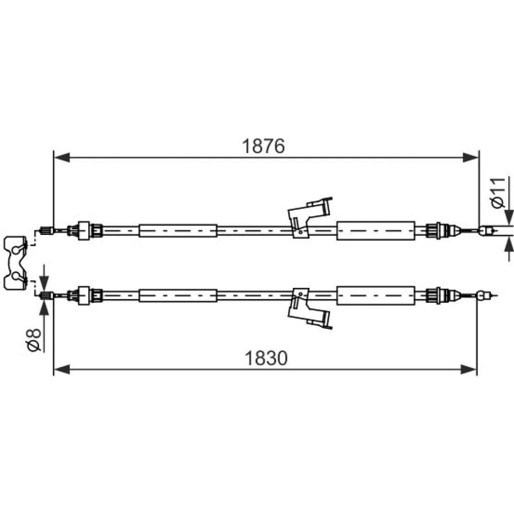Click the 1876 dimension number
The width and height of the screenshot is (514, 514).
tap(263, 146)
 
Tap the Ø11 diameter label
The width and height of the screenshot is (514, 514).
tap(498, 193)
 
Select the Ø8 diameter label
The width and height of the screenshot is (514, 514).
tap(34, 340)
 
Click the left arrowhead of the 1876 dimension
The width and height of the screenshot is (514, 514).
tap(62, 157)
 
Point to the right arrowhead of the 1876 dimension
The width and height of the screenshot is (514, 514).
tap(471, 157)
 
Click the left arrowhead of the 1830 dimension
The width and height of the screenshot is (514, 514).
tap(62, 370)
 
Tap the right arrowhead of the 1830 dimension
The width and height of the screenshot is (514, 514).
tap(468, 370)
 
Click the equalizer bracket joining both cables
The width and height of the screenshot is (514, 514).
tap(15, 263)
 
